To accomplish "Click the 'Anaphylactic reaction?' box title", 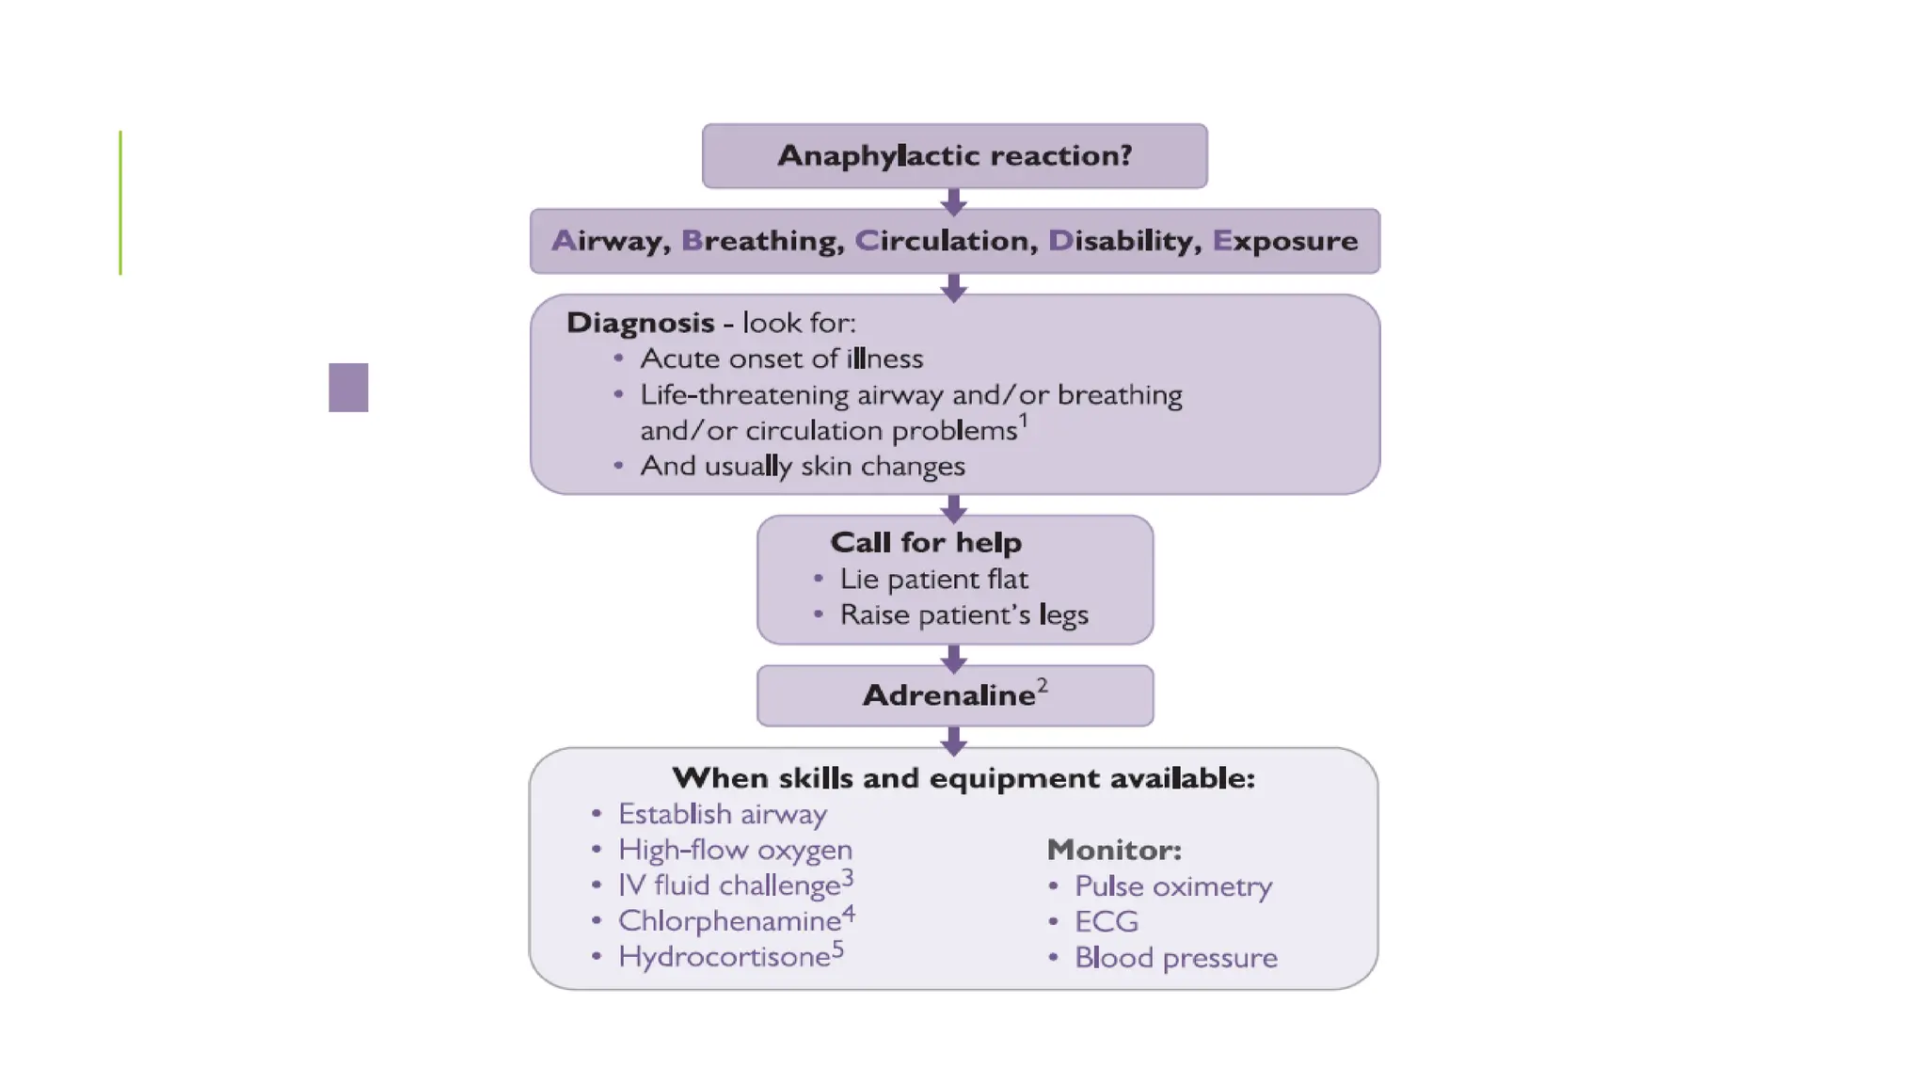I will (x=954, y=155).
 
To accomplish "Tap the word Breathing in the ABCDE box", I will (x=762, y=241).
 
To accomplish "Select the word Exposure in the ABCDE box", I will (x=1284, y=241).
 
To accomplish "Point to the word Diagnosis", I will (x=640, y=323).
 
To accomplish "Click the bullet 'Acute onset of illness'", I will (x=781, y=359).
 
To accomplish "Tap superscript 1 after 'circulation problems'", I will (x=1024, y=420).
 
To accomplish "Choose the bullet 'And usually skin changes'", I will (x=802, y=466).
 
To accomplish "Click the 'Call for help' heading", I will (x=926, y=542).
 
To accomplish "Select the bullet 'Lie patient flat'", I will (x=933, y=579).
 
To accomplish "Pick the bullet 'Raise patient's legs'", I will (x=963, y=614).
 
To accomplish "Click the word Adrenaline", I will (x=948, y=695).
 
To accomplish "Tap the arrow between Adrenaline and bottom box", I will (x=954, y=741).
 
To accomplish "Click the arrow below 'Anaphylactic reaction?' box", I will (x=954, y=201).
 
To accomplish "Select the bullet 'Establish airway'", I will (x=722, y=814).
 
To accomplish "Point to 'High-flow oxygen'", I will (x=735, y=850).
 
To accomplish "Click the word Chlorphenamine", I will (x=729, y=921).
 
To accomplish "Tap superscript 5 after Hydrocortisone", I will (x=837, y=949).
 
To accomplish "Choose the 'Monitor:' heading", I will (x=1114, y=850).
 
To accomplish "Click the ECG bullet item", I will (x=1106, y=921).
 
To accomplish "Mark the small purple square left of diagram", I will (x=348, y=387).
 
